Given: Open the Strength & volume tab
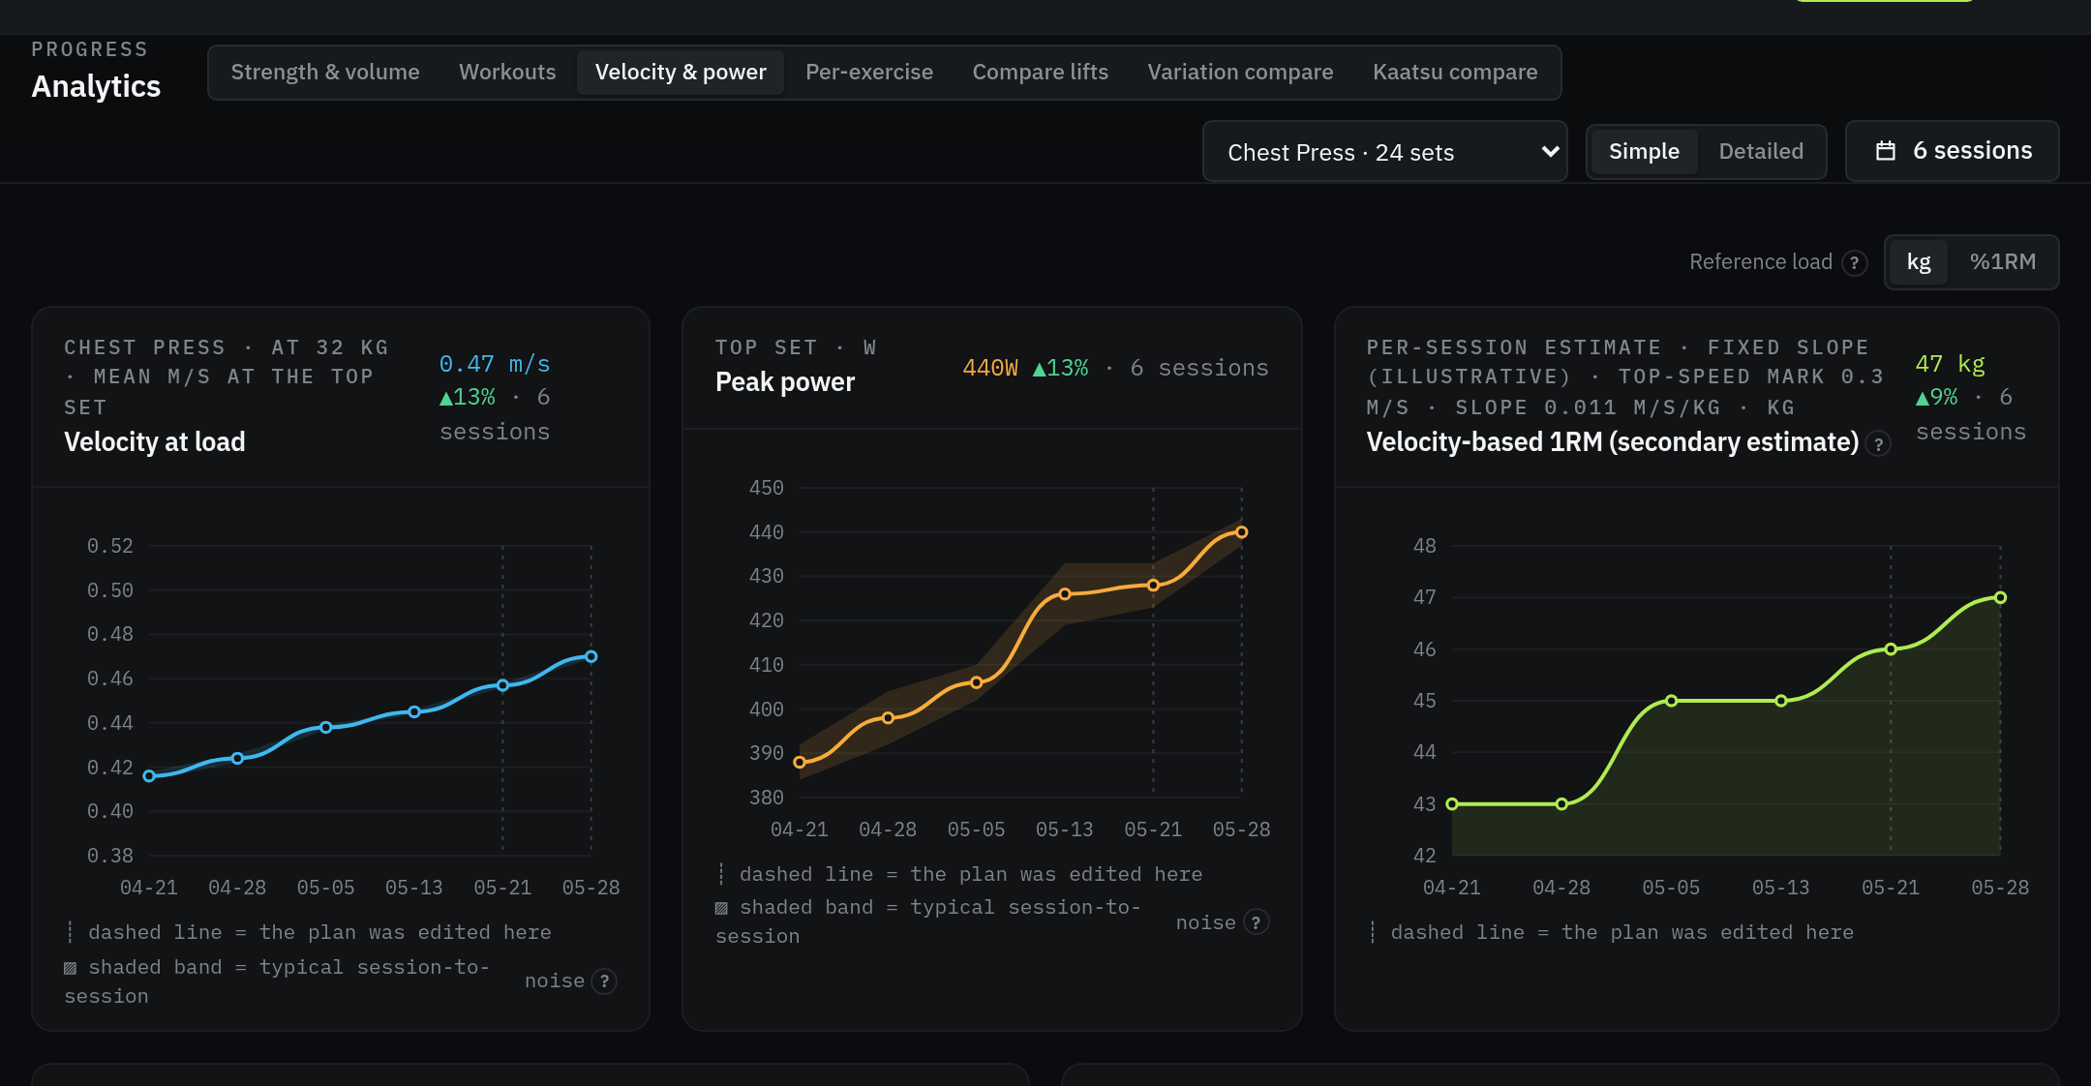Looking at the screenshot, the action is coord(325,73).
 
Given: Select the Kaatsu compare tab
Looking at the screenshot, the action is coord(1455,73).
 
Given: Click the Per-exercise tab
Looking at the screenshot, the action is coord(869,73).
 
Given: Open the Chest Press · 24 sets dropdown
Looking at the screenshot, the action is coord(1384,152).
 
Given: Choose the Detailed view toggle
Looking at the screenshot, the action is coord(1761,152).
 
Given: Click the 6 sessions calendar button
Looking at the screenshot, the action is coord(1953,151).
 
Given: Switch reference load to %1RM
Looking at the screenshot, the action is coord(2003,262).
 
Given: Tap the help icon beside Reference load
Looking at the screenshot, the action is coord(1855,263).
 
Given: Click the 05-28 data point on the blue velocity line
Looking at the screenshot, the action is coord(591,656).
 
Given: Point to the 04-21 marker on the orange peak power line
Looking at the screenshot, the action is coord(800,763).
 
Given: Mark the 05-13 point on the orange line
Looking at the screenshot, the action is coord(1065,594).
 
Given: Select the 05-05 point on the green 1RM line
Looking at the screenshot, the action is coord(1672,701).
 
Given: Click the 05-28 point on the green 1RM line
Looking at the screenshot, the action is coord(2001,598).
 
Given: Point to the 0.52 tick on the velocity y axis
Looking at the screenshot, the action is coord(110,546).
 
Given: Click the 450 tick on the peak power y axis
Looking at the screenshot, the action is coord(767,488).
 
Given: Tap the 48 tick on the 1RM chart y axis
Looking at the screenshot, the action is coord(1425,546).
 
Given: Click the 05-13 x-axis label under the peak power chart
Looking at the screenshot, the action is coord(1065,830).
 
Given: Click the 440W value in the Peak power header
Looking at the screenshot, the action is coord(990,369).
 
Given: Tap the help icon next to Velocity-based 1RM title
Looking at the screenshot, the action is coord(1879,444).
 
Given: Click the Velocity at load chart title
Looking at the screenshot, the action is coord(155,442).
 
